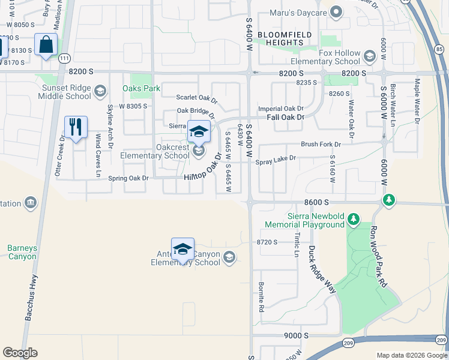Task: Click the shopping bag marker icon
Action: pos(46,45)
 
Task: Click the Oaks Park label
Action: pos(141,88)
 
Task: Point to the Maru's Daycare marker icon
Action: pos(336,12)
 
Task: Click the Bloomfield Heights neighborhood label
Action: pos(285,39)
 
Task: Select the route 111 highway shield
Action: pos(65,58)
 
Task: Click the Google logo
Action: pos(20,353)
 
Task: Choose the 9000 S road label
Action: pos(297,335)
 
